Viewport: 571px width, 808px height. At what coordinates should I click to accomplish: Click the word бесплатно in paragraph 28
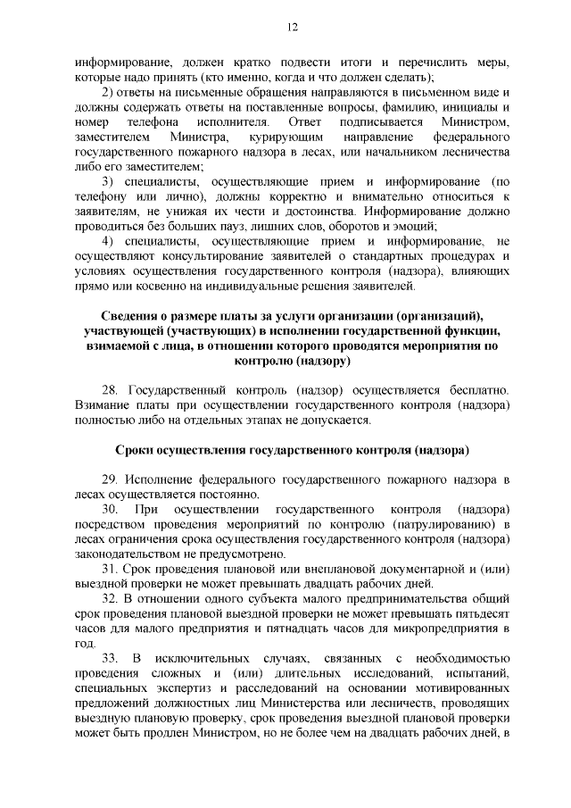pyautogui.click(x=477, y=391)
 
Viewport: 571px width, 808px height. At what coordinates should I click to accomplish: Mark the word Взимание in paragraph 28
pyautogui.click(x=101, y=405)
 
